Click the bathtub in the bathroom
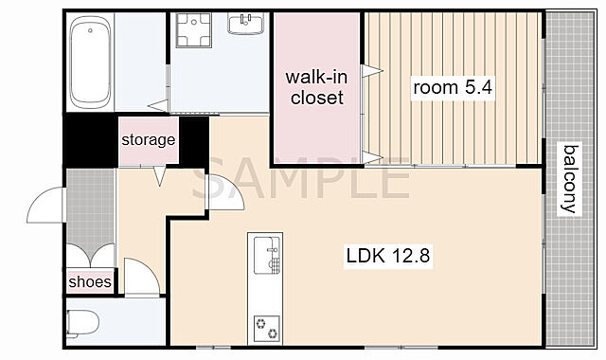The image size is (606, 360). point(91,62)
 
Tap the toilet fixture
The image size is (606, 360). point(82,323)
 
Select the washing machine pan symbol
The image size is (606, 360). point(193,29)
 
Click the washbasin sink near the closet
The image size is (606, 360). point(246,23)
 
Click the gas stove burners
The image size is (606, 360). point(267,329)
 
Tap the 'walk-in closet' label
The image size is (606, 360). point(316,87)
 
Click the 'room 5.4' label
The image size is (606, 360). point(453,87)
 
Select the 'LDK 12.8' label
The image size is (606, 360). point(388,256)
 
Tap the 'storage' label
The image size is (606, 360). point(149,139)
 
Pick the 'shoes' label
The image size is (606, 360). point(90,281)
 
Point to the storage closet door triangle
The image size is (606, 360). point(160,176)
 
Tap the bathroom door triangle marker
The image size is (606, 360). point(158,105)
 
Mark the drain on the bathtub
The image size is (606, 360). point(90,30)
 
